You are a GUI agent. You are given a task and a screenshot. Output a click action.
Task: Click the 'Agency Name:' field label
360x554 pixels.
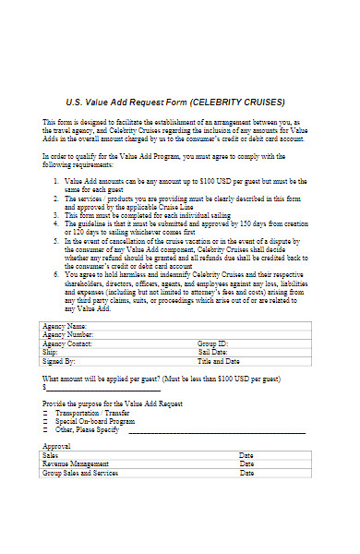click(64, 327)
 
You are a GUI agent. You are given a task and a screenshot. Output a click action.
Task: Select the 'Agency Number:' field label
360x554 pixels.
click(67, 335)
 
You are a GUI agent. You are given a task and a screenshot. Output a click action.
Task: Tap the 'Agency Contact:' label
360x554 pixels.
click(67, 343)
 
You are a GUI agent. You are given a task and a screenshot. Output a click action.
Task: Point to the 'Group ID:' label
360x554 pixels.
click(213, 343)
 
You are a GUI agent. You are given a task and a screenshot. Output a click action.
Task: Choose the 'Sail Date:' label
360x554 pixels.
click(213, 353)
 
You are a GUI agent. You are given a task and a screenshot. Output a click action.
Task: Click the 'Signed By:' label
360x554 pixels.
click(59, 362)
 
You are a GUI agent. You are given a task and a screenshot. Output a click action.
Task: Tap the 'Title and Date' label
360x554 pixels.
click(220, 362)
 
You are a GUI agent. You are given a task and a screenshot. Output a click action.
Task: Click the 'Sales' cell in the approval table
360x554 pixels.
click(51, 455)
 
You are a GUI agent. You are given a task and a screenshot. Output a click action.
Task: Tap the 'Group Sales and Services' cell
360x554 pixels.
click(80, 473)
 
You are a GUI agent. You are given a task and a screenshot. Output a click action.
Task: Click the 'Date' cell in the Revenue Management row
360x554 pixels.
click(246, 464)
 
